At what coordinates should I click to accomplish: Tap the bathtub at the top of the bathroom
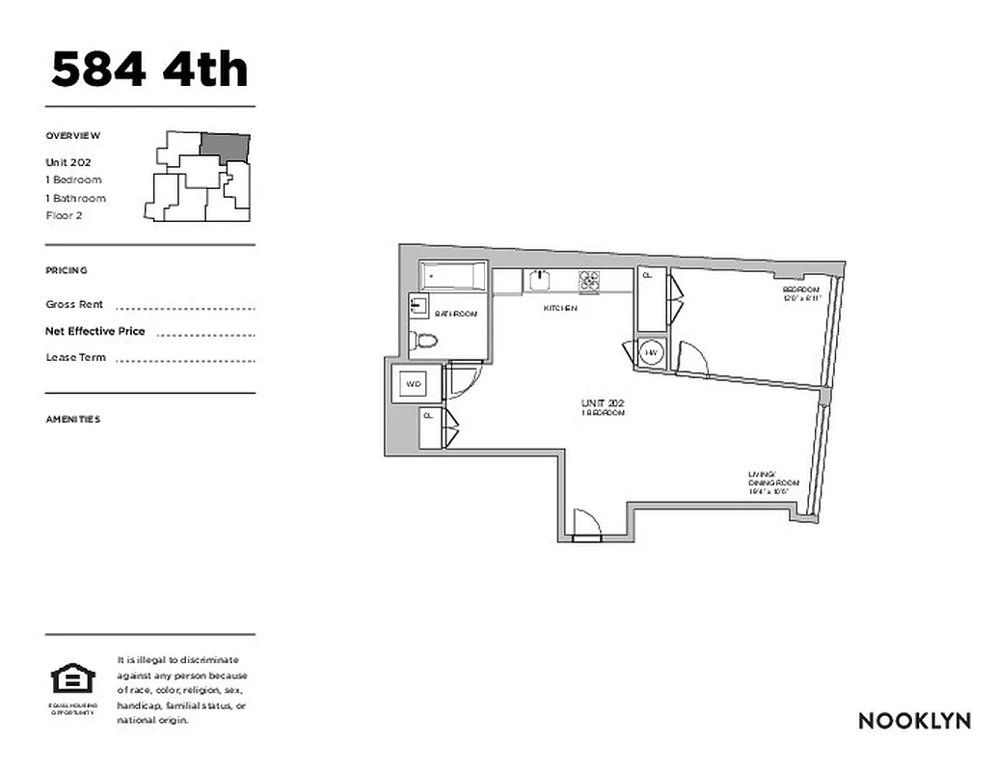(452, 277)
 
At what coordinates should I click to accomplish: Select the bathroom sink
(418, 307)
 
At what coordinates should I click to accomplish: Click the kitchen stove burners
(588, 280)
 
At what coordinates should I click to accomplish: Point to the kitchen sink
(539, 280)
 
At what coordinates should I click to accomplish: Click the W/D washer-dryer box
(414, 383)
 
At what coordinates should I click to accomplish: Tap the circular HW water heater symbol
(651, 353)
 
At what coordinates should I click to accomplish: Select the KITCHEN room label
(560, 309)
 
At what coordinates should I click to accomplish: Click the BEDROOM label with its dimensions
(800, 293)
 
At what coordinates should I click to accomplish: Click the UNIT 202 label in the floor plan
(603, 406)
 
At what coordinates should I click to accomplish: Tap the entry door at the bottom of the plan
(586, 525)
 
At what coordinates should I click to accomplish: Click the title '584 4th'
(149, 69)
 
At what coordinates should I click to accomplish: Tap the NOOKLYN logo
(914, 721)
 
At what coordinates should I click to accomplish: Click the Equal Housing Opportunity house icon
(73, 680)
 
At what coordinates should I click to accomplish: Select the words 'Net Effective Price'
(95, 331)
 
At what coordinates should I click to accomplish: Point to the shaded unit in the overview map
(226, 146)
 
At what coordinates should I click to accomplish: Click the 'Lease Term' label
(76, 357)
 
